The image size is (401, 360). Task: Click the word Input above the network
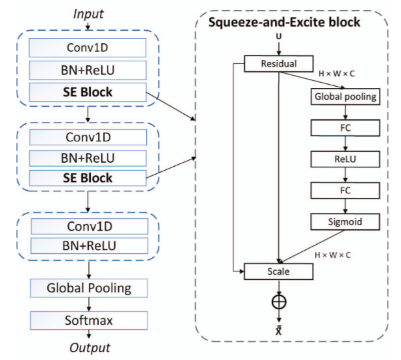click(x=89, y=13)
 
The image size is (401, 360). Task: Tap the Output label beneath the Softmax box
click(x=89, y=347)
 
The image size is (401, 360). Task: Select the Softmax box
click(x=89, y=321)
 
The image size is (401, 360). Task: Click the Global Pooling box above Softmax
click(x=89, y=288)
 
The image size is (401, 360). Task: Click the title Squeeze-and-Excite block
click(x=285, y=23)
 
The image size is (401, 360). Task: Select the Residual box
click(x=279, y=64)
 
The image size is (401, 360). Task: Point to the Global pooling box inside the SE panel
click(x=345, y=97)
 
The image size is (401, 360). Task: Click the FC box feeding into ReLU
click(x=345, y=127)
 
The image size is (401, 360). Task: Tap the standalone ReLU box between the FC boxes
click(x=345, y=159)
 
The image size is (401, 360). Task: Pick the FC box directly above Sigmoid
click(x=345, y=189)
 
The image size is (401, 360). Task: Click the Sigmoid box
click(x=345, y=221)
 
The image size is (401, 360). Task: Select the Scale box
click(x=279, y=271)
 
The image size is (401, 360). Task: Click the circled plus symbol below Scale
click(x=278, y=301)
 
